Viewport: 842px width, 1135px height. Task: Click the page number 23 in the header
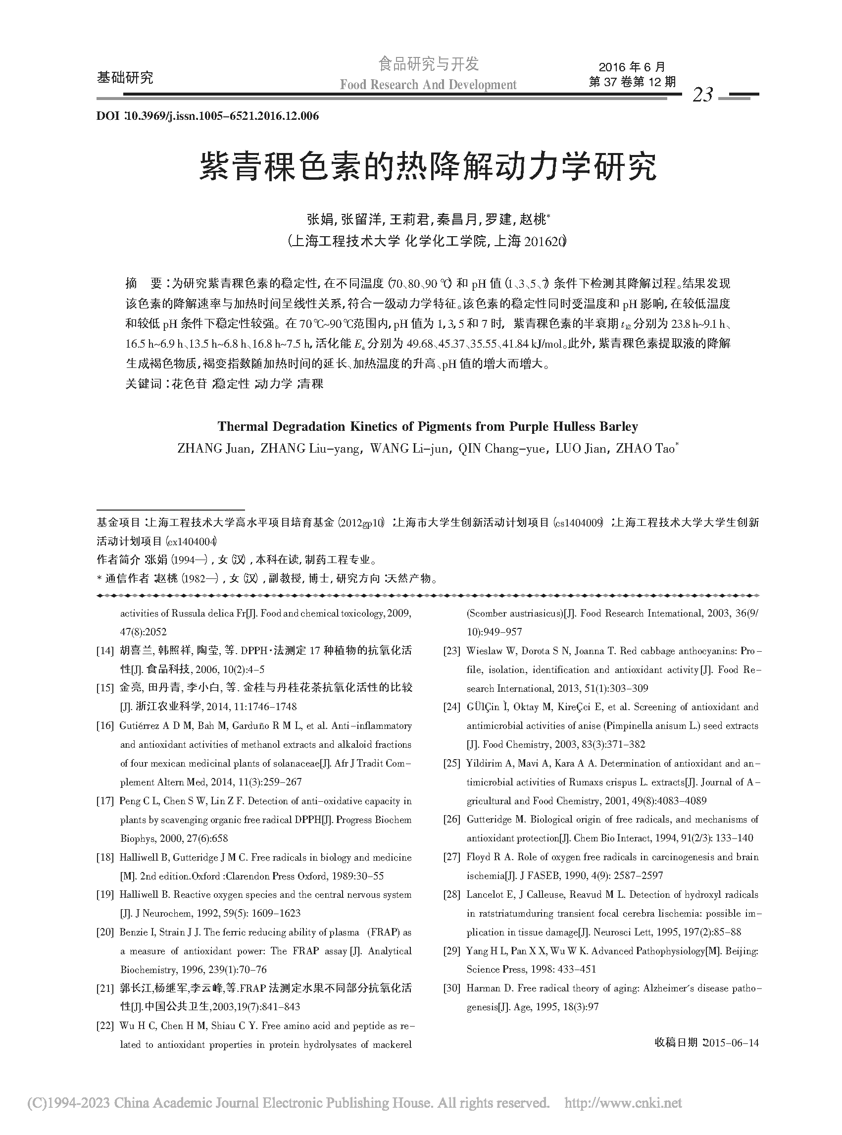[x=703, y=95]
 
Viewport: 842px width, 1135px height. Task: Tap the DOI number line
[x=207, y=116]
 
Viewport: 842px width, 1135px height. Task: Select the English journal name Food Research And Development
[x=428, y=85]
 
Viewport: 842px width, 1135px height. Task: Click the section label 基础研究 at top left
[x=125, y=78]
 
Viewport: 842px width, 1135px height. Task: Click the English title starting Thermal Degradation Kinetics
[x=428, y=426]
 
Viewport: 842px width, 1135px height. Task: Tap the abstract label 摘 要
[x=143, y=283]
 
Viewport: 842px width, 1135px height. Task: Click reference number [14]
[x=105, y=651]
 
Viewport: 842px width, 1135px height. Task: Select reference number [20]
[x=105, y=932]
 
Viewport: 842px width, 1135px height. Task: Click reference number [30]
[x=451, y=988]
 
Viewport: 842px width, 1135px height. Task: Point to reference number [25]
[x=451, y=763]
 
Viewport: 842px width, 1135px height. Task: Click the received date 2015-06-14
[x=731, y=1043]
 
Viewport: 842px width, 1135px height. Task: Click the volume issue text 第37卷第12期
[x=632, y=82]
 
